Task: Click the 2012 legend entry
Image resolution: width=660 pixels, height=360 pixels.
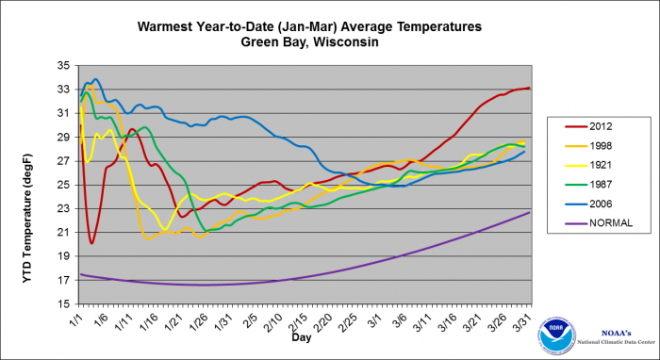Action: tap(590, 126)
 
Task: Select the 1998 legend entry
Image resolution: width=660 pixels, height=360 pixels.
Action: tap(590, 146)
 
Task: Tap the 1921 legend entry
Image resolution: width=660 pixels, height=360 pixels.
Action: tap(590, 165)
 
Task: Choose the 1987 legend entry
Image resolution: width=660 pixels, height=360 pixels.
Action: tap(590, 185)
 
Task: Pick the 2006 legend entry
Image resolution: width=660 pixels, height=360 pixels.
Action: tap(590, 204)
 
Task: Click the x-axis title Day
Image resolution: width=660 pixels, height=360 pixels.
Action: tap(302, 337)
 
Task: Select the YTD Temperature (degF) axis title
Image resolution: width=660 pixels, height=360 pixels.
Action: tap(26, 219)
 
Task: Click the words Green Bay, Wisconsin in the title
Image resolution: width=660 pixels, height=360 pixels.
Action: tap(309, 42)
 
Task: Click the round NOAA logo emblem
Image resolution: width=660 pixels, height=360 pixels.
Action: tap(556, 336)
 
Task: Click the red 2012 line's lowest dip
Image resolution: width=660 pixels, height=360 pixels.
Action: tap(91, 243)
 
